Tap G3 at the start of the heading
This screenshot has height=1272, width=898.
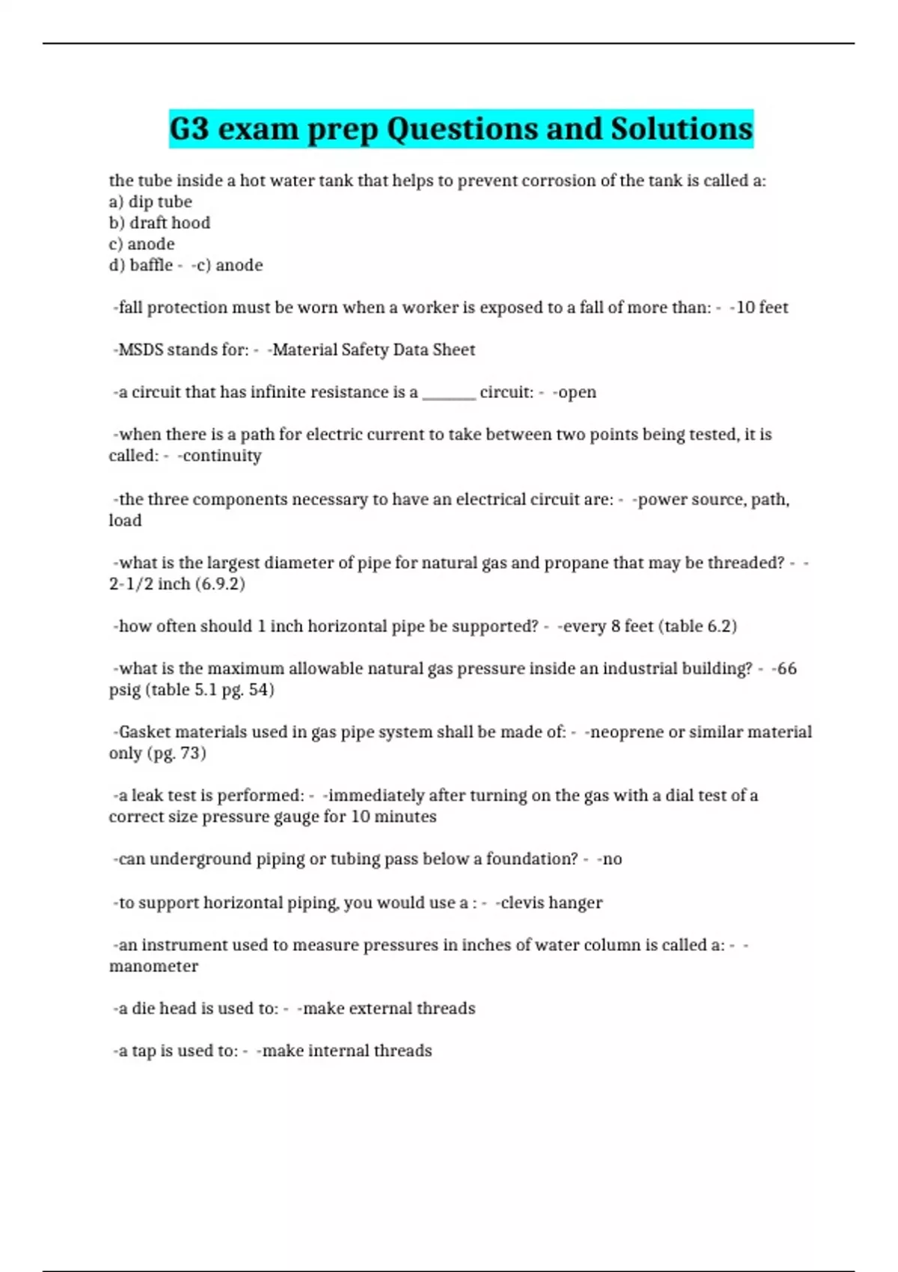coord(189,129)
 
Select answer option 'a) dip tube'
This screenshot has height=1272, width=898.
coord(150,201)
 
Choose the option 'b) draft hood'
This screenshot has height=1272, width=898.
coord(159,222)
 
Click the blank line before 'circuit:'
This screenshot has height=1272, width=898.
coord(449,394)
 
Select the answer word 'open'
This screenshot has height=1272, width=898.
coord(577,392)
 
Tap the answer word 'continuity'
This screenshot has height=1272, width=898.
coord(222,455)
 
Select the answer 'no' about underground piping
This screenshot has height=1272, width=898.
coord(612,858)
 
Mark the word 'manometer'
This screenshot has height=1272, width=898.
coord(153,966)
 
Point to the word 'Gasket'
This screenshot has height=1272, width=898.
coord(144,731)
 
